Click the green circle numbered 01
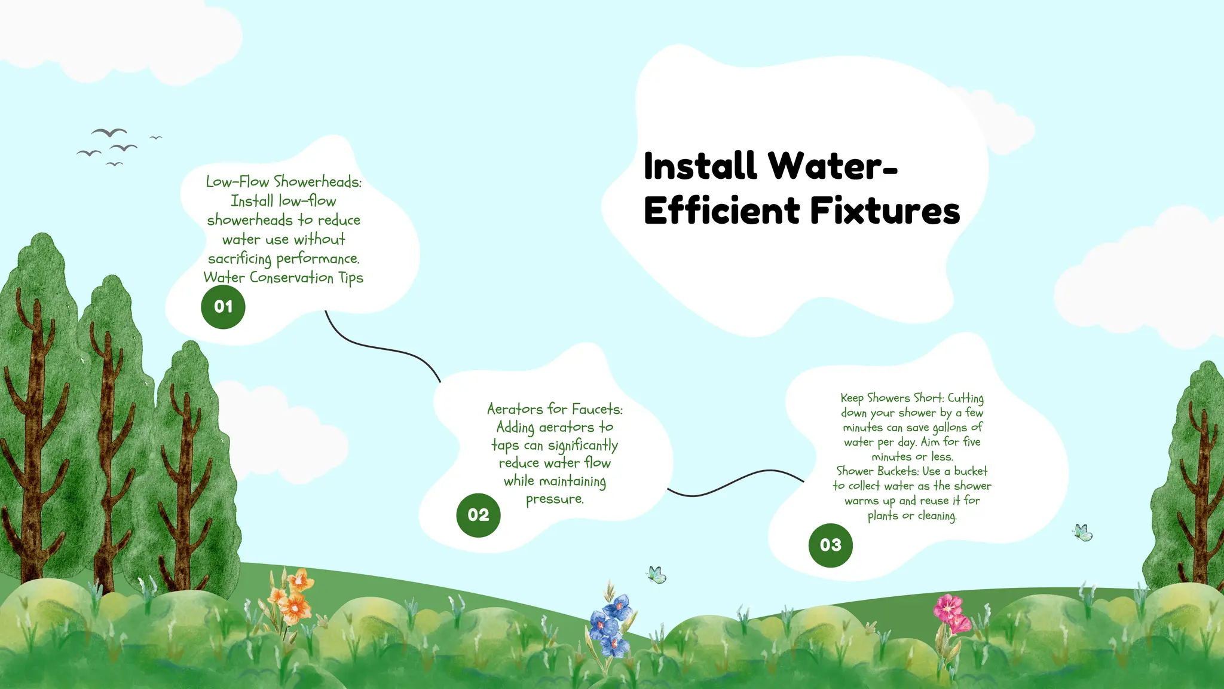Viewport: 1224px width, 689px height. [223, 307]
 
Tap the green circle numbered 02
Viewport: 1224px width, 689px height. [478, 515]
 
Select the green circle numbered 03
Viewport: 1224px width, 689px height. [830, 545]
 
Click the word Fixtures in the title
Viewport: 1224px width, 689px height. [885, 211]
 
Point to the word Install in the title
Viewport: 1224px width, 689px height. [700, 166]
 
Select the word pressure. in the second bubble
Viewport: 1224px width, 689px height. [555, 499]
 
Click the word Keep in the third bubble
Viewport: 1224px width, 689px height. [852, 398]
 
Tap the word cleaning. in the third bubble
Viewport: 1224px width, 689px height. [937, 516]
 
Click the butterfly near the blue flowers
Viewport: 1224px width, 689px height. [656, 575]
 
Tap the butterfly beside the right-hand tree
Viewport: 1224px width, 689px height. [1083, 532]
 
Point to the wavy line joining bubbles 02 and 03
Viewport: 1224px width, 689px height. [735, 482]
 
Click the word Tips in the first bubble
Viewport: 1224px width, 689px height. [351, 278]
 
